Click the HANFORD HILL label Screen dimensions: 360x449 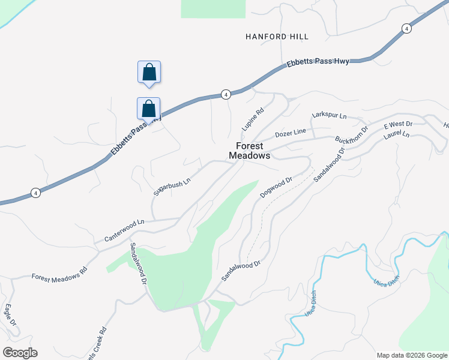(x=277, y=37)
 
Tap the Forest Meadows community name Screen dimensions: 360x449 (x=250, y=151)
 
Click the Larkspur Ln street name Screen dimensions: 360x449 (x=330, y=115)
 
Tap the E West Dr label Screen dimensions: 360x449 (x=398, y=125)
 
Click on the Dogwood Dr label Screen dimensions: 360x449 (x=276, y=187)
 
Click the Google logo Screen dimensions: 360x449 (x=20, y=353)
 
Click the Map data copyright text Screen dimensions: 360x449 (x=411, y=355)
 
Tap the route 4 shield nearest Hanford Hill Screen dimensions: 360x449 (x=406, y=28)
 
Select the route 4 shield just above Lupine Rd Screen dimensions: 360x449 (x=225, y=94)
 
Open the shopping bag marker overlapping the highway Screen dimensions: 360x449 (x=149, y=109)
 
